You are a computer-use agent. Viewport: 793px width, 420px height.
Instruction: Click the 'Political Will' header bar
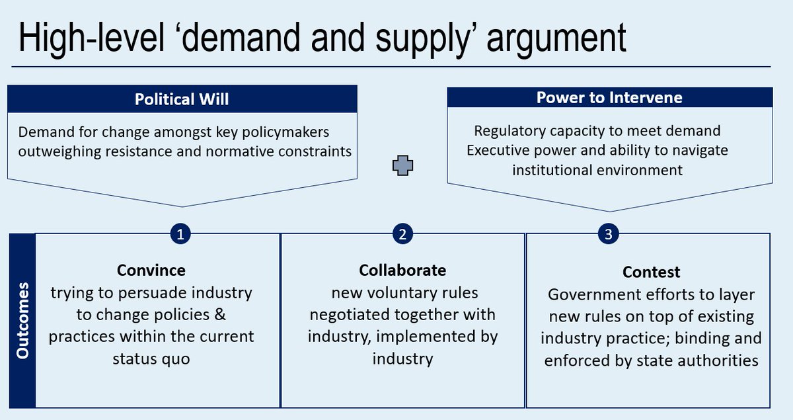(182, 99)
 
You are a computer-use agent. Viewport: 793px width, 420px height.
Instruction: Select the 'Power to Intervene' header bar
(609, 98)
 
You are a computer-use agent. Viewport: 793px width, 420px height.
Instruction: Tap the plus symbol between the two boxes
(402, 166)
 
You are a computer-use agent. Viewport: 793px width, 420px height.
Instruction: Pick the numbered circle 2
(402, 233)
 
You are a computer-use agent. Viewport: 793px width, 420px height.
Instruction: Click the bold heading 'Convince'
(151, 271)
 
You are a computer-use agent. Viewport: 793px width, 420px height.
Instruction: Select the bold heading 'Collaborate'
(402, 271)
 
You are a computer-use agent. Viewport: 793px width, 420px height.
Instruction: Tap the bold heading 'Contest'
(651, 273)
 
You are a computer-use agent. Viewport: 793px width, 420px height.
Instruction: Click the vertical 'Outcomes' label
(22, 321)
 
